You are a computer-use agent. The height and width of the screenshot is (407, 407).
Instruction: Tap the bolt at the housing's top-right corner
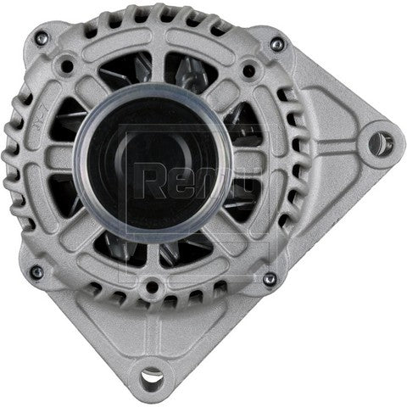pos(276,44)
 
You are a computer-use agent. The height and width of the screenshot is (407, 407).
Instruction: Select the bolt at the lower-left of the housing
pos(36,272)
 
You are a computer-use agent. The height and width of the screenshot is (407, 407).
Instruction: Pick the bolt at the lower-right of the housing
pos(270,278)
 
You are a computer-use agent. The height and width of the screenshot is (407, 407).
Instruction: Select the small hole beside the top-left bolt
pos(64,62)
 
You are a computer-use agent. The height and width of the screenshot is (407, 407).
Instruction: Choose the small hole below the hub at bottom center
pos(153,286)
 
